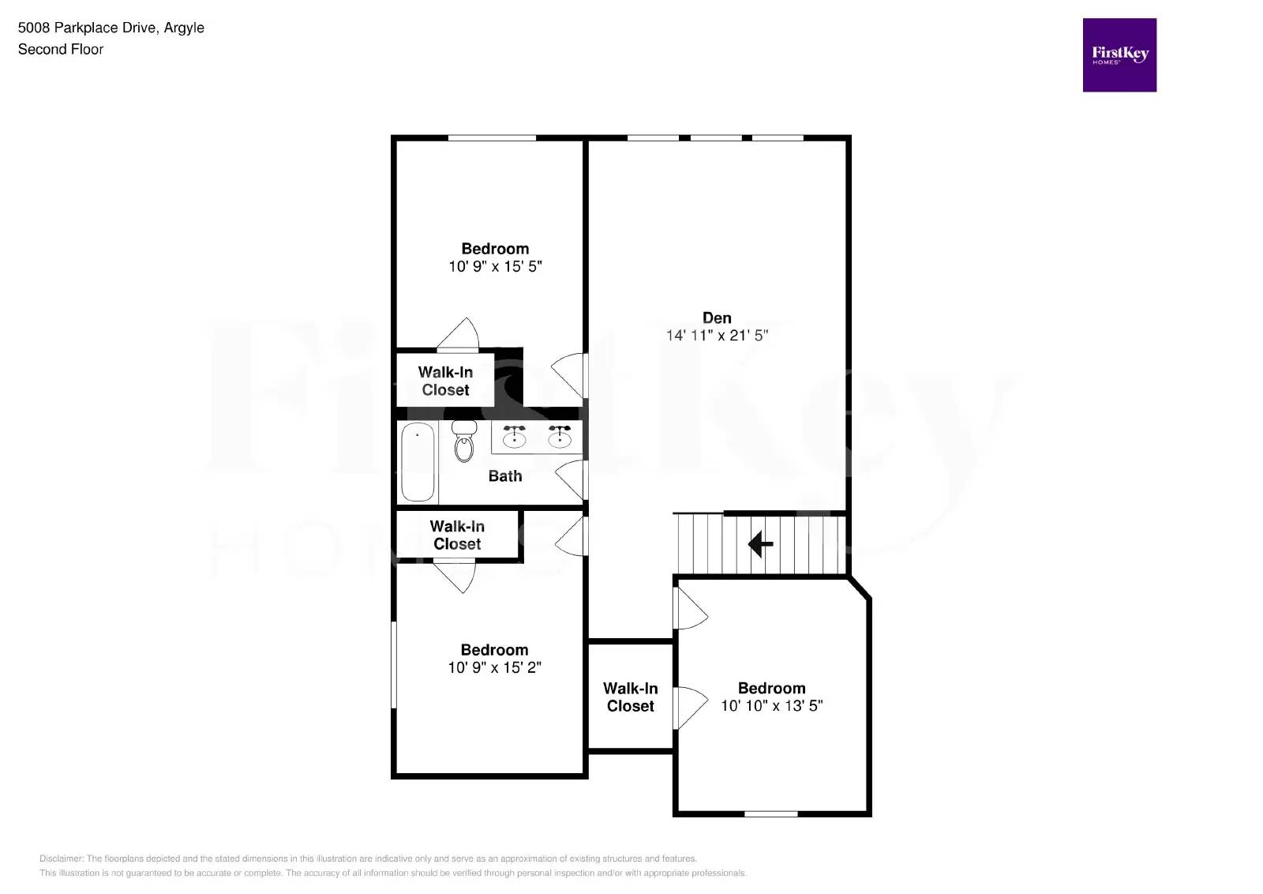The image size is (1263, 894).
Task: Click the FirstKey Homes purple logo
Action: click(x=1119, y=55)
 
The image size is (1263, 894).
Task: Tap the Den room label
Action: click(x=717, y=317)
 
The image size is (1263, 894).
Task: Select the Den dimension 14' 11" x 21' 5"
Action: click(x=717, y=336)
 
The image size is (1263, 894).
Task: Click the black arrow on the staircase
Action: click(x=760, y=544)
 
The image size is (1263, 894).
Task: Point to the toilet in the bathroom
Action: click(x=464, y=442)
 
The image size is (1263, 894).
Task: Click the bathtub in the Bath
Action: click(x=418, y=462)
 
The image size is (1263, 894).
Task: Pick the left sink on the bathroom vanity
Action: click(x=515, y=437)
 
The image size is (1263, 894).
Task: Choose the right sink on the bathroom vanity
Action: click(x=560, y=437)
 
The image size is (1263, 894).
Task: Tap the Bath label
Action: click(x=505, y=476)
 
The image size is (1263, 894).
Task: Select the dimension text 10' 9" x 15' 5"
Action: click(x=495, y=267)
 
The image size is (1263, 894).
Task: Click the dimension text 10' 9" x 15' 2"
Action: click(x=494, y=668)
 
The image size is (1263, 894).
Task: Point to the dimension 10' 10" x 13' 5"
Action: click(x=771, y=706)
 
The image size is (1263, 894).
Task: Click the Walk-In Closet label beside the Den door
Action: click(x=445, y=381)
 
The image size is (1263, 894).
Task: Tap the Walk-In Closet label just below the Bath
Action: click(x=457, y=535)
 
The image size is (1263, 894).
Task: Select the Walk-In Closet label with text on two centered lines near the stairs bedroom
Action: click(x=630, y=697)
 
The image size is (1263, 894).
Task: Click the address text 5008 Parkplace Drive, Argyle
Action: click(x=111, y=28)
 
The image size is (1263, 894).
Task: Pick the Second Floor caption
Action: click(x=61, y=49)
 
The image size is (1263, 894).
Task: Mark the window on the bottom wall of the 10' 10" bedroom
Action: click(x=770, y=813)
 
